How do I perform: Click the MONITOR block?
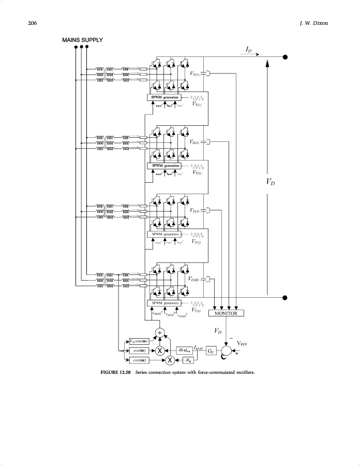click(x=226, y=313)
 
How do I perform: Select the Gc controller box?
click(x=211, y=351)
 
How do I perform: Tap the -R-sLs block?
click(x=184, y=350)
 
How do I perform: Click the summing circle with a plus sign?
click(x=160, y=332)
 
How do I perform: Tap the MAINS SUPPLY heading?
click(x=82, y=40)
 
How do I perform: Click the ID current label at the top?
click(x=249, y=49)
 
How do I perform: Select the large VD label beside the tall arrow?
click(x=270, y=182)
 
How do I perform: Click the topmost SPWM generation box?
click(x=164, y=97)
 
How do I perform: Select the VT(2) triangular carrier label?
click(x=197, y=172)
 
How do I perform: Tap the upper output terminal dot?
click(x=285, y=57)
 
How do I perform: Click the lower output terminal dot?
click(x=285, y=297)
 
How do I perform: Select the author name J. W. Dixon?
click(x=314, y=23)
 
